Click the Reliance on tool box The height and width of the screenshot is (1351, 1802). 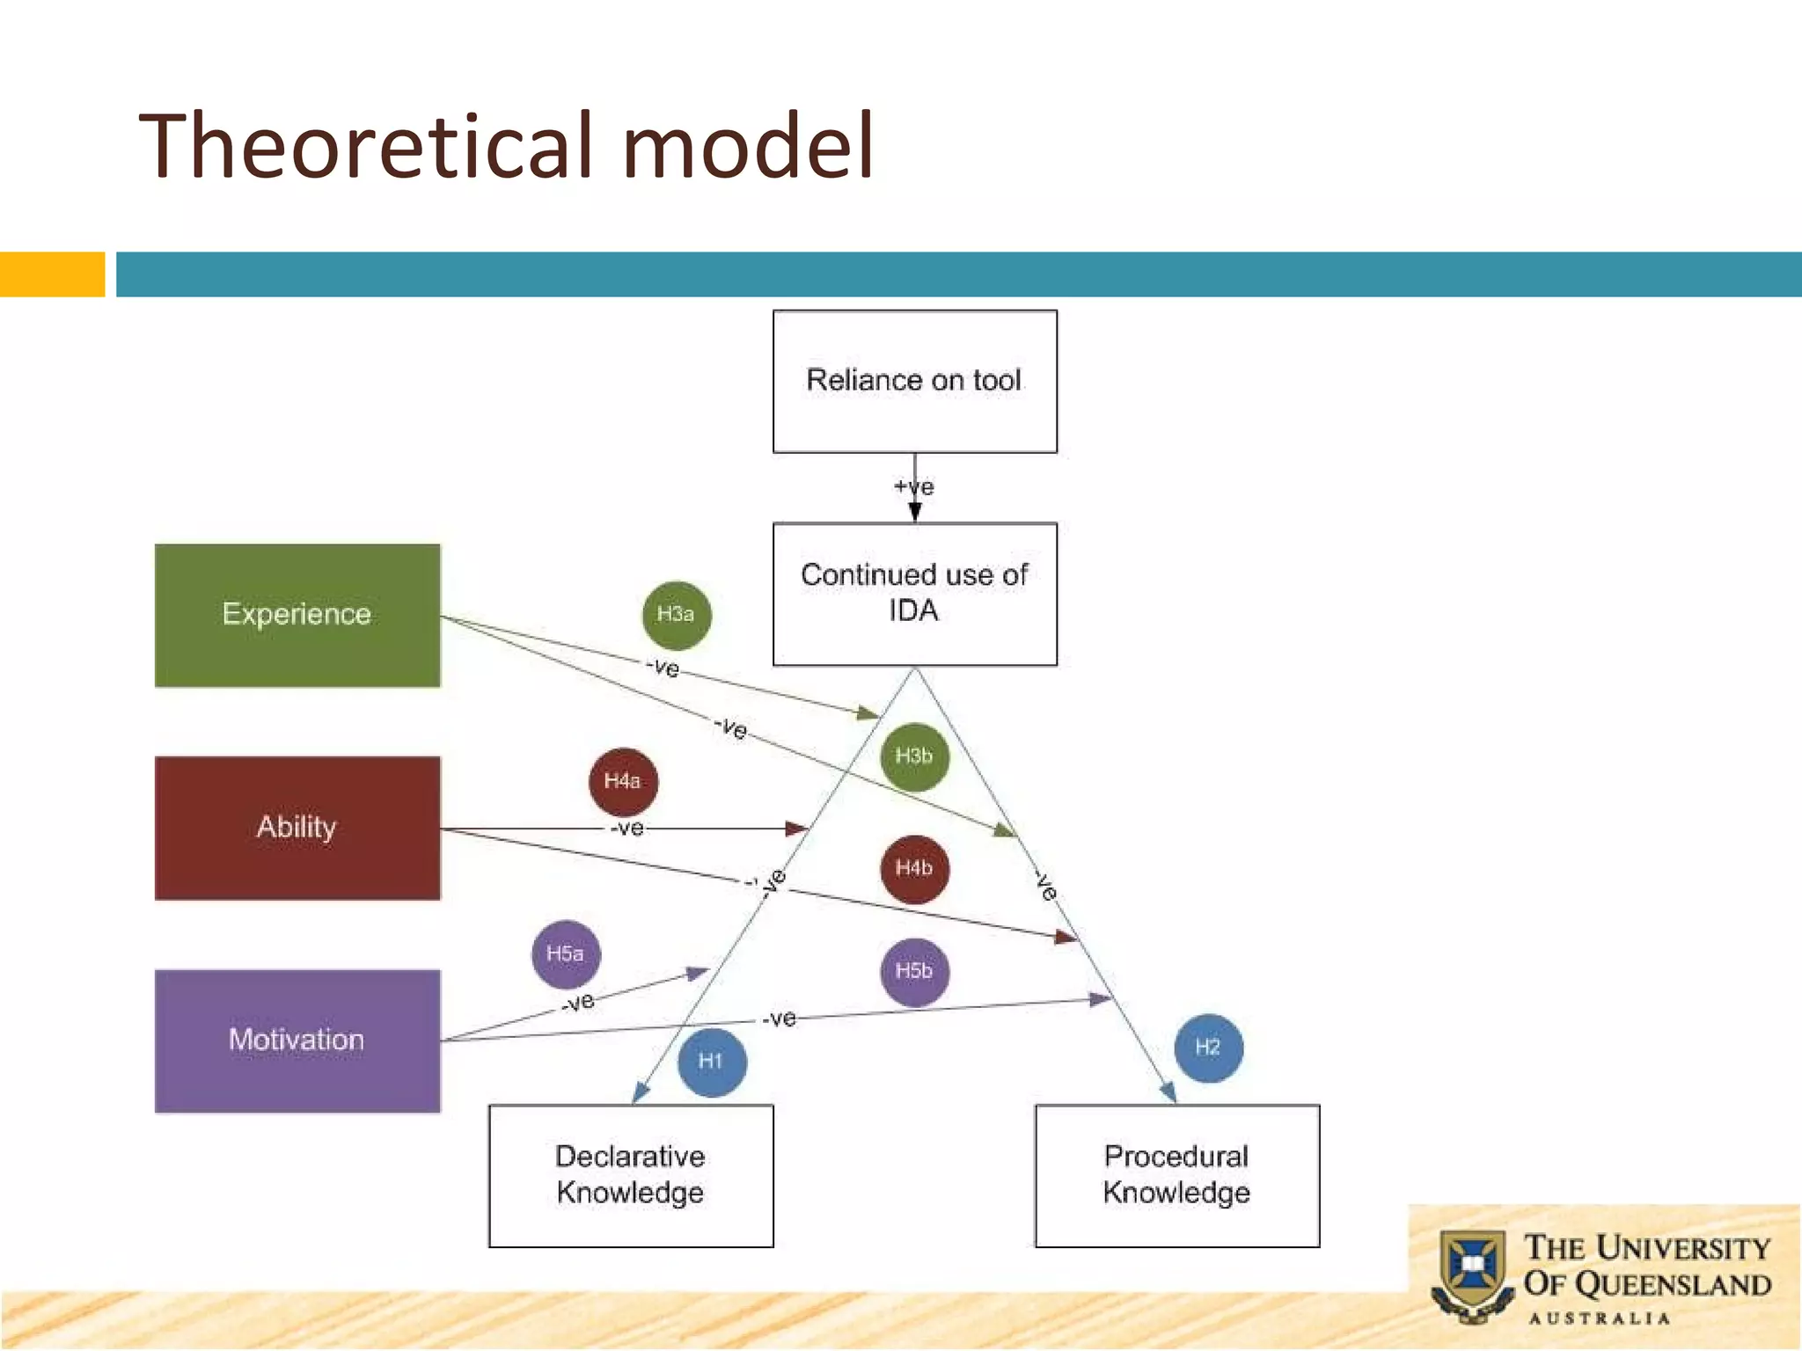pyautogui.click(x=914, y=381)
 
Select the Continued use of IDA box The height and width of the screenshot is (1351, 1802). pyautogui.click(x=914, y=594)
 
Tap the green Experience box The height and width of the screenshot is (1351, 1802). pyautogui.click(x=297, y=615)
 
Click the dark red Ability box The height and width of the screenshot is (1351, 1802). pyautogui.click(x=297, y=828)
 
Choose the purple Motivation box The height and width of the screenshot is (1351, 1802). pyautogui.click(x=297, y=1041)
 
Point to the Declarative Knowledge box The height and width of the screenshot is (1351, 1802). pyautogui.click(x=631, y=1175)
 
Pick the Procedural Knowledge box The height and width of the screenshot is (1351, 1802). pyautogui.click(x=1176, y=1175)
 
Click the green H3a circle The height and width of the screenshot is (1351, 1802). pyautogui.click(x=676, y=615)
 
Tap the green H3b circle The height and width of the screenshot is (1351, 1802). pyautogui.click(x=914, y=756)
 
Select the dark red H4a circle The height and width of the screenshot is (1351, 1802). pyautogui.click(x=623, y=781)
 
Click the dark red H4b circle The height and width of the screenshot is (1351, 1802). pyautogui.click(x=914, y=869)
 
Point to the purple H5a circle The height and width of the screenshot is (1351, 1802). pyautogui.click(x=566, y=954)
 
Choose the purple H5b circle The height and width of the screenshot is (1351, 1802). pyautogui.click(x=914, y=972)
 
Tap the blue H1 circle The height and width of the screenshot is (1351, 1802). pyautogui.click(x=711, y=1062)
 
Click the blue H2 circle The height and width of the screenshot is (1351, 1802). pyautogui.click(x=1208, y=1048)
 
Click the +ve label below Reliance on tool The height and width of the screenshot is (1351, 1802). pyautogui.click(x=914, y=486)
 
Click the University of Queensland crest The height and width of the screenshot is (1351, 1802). pyautogui.click(x=1472, y=1273)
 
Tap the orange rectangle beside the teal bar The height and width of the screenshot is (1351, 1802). pyautogui.click(x=52, y=274)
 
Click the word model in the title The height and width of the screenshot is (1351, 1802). pyautogui.click(x=748, y=146)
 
